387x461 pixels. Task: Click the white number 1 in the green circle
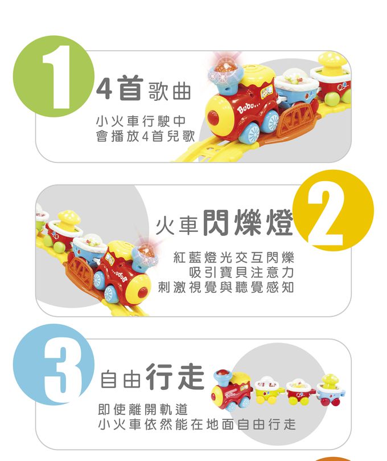click(x=57, y=77)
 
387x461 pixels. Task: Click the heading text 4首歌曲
click(x=143, y=88)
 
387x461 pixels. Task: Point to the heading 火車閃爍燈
click(x=224, y=223)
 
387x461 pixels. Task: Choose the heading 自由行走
click(x=152, y=377)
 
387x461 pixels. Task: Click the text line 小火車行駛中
click(x=141, y=121)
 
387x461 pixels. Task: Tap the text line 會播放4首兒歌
click(x=145, y=136)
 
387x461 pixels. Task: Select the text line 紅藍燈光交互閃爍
click(x=233, y=258)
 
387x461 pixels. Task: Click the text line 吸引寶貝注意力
click(x=241, y=272)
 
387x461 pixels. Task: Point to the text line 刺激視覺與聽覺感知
click(x=226, y=287)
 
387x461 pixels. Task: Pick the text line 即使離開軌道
click(x=143, y=409)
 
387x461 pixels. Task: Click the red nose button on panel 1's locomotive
click(x=213, y=117)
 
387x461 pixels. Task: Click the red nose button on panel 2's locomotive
click(x=142, y=291)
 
